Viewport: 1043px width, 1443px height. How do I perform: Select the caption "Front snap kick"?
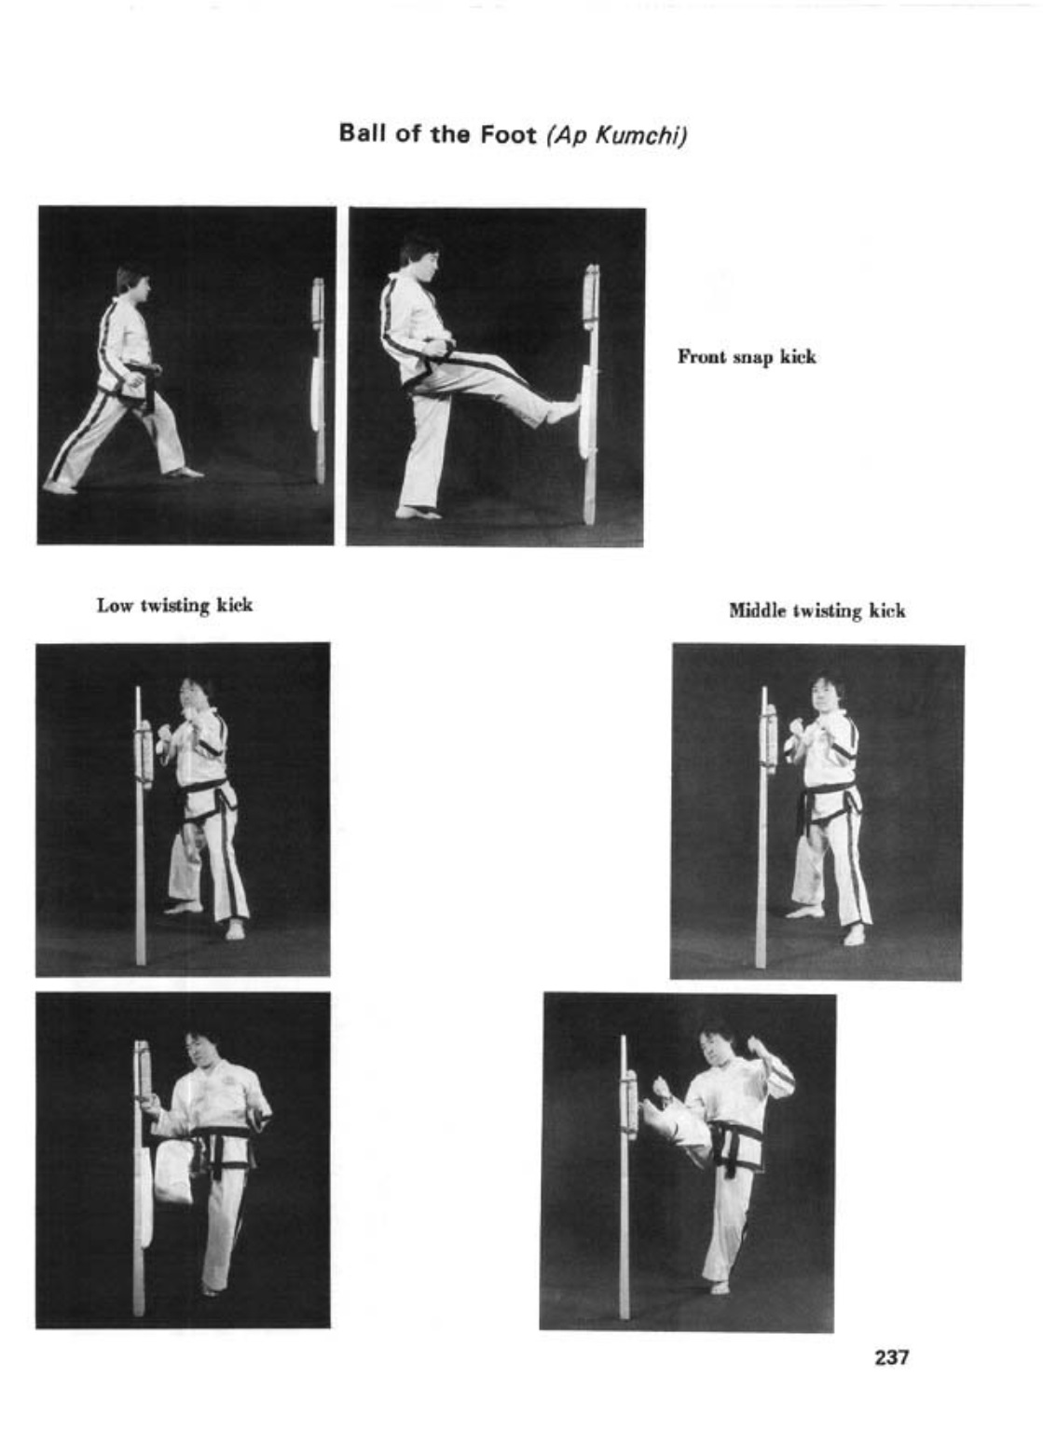tap(747, 357)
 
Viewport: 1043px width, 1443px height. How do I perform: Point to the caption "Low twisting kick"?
tap(174, 606)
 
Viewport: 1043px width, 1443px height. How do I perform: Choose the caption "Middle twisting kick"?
tap(817, 610)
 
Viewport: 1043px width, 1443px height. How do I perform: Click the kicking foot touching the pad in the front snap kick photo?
tap(562, 412)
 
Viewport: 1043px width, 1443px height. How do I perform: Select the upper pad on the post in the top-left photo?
tap(318, 302)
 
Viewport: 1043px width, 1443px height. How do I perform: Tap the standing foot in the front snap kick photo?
tap(418, 514)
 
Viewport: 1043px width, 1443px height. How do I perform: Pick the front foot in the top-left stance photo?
tap(185, 473)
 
